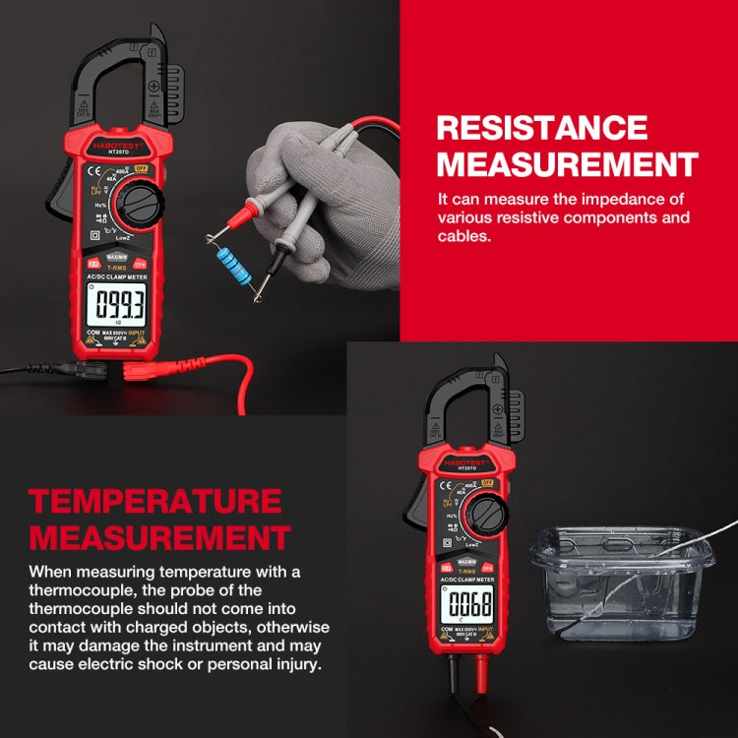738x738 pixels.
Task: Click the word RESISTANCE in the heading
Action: pyautogui.click(x=542, y=128)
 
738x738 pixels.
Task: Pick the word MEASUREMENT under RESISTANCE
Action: pyautogui.click(x=567, y=163)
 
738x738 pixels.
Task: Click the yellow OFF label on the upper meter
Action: pyautogui.click(x=142, y=168)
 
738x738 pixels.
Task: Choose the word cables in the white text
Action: pyautogui.click(x=465, y=236)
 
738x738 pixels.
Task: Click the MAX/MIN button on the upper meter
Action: pyautogui.click(x=115, y=257)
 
